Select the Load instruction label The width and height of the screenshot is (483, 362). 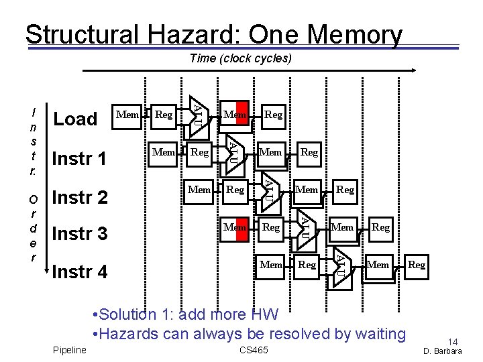point(75,119)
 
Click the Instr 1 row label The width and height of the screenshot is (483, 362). point(79,159)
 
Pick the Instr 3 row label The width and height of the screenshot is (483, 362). point(79,234)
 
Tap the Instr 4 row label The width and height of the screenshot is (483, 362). point(79,272)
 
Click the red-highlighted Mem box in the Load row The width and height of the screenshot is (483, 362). point(235,115)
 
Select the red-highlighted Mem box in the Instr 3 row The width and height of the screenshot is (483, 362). point(235,227)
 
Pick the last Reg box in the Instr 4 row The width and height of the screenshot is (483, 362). point(417,265)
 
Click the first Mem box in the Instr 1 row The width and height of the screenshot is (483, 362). point(164,152)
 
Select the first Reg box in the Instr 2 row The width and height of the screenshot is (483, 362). point(235,190)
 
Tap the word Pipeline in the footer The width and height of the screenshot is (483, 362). point(69,350)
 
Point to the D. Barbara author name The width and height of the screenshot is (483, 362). point(443,351)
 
